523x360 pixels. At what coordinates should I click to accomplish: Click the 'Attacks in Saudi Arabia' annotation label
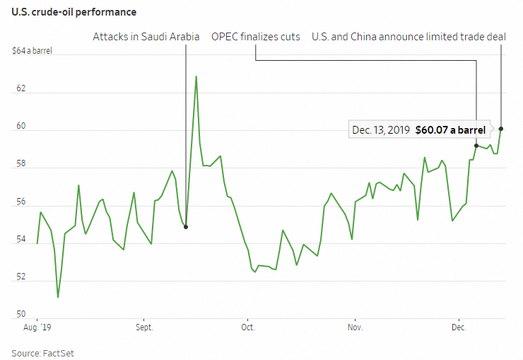[146, 36]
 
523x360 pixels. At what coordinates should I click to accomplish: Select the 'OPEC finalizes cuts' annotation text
[255, 36]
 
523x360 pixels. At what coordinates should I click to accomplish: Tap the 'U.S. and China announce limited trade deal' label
[409, 36]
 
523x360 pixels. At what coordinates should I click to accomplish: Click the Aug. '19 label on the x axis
[37, 327]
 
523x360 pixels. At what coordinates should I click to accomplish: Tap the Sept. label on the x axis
[144, 327]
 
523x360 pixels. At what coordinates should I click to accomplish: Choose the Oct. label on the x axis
[247, 327]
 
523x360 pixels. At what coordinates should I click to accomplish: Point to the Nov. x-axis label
[355, 327]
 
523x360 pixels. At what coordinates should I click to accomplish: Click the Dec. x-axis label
[459, 327]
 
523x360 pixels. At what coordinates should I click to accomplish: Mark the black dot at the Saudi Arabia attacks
[186, 227]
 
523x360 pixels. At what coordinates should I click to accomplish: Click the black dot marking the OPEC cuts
[476, 146]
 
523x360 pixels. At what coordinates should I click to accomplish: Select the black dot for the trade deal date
[501, 129]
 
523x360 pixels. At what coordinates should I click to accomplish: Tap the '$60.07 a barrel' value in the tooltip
[450, 130]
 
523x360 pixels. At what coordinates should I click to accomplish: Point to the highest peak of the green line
[196, 76]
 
